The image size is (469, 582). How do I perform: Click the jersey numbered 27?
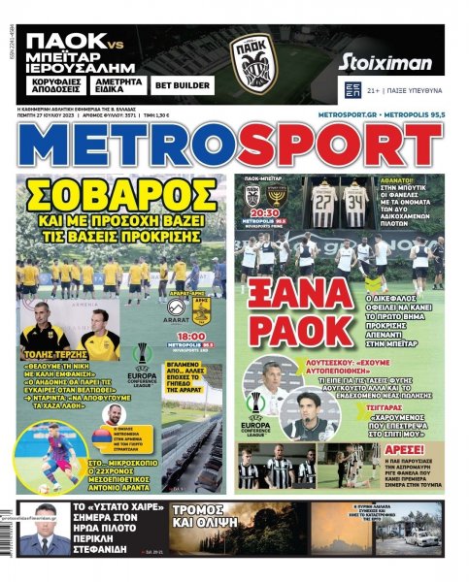[323, 201]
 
